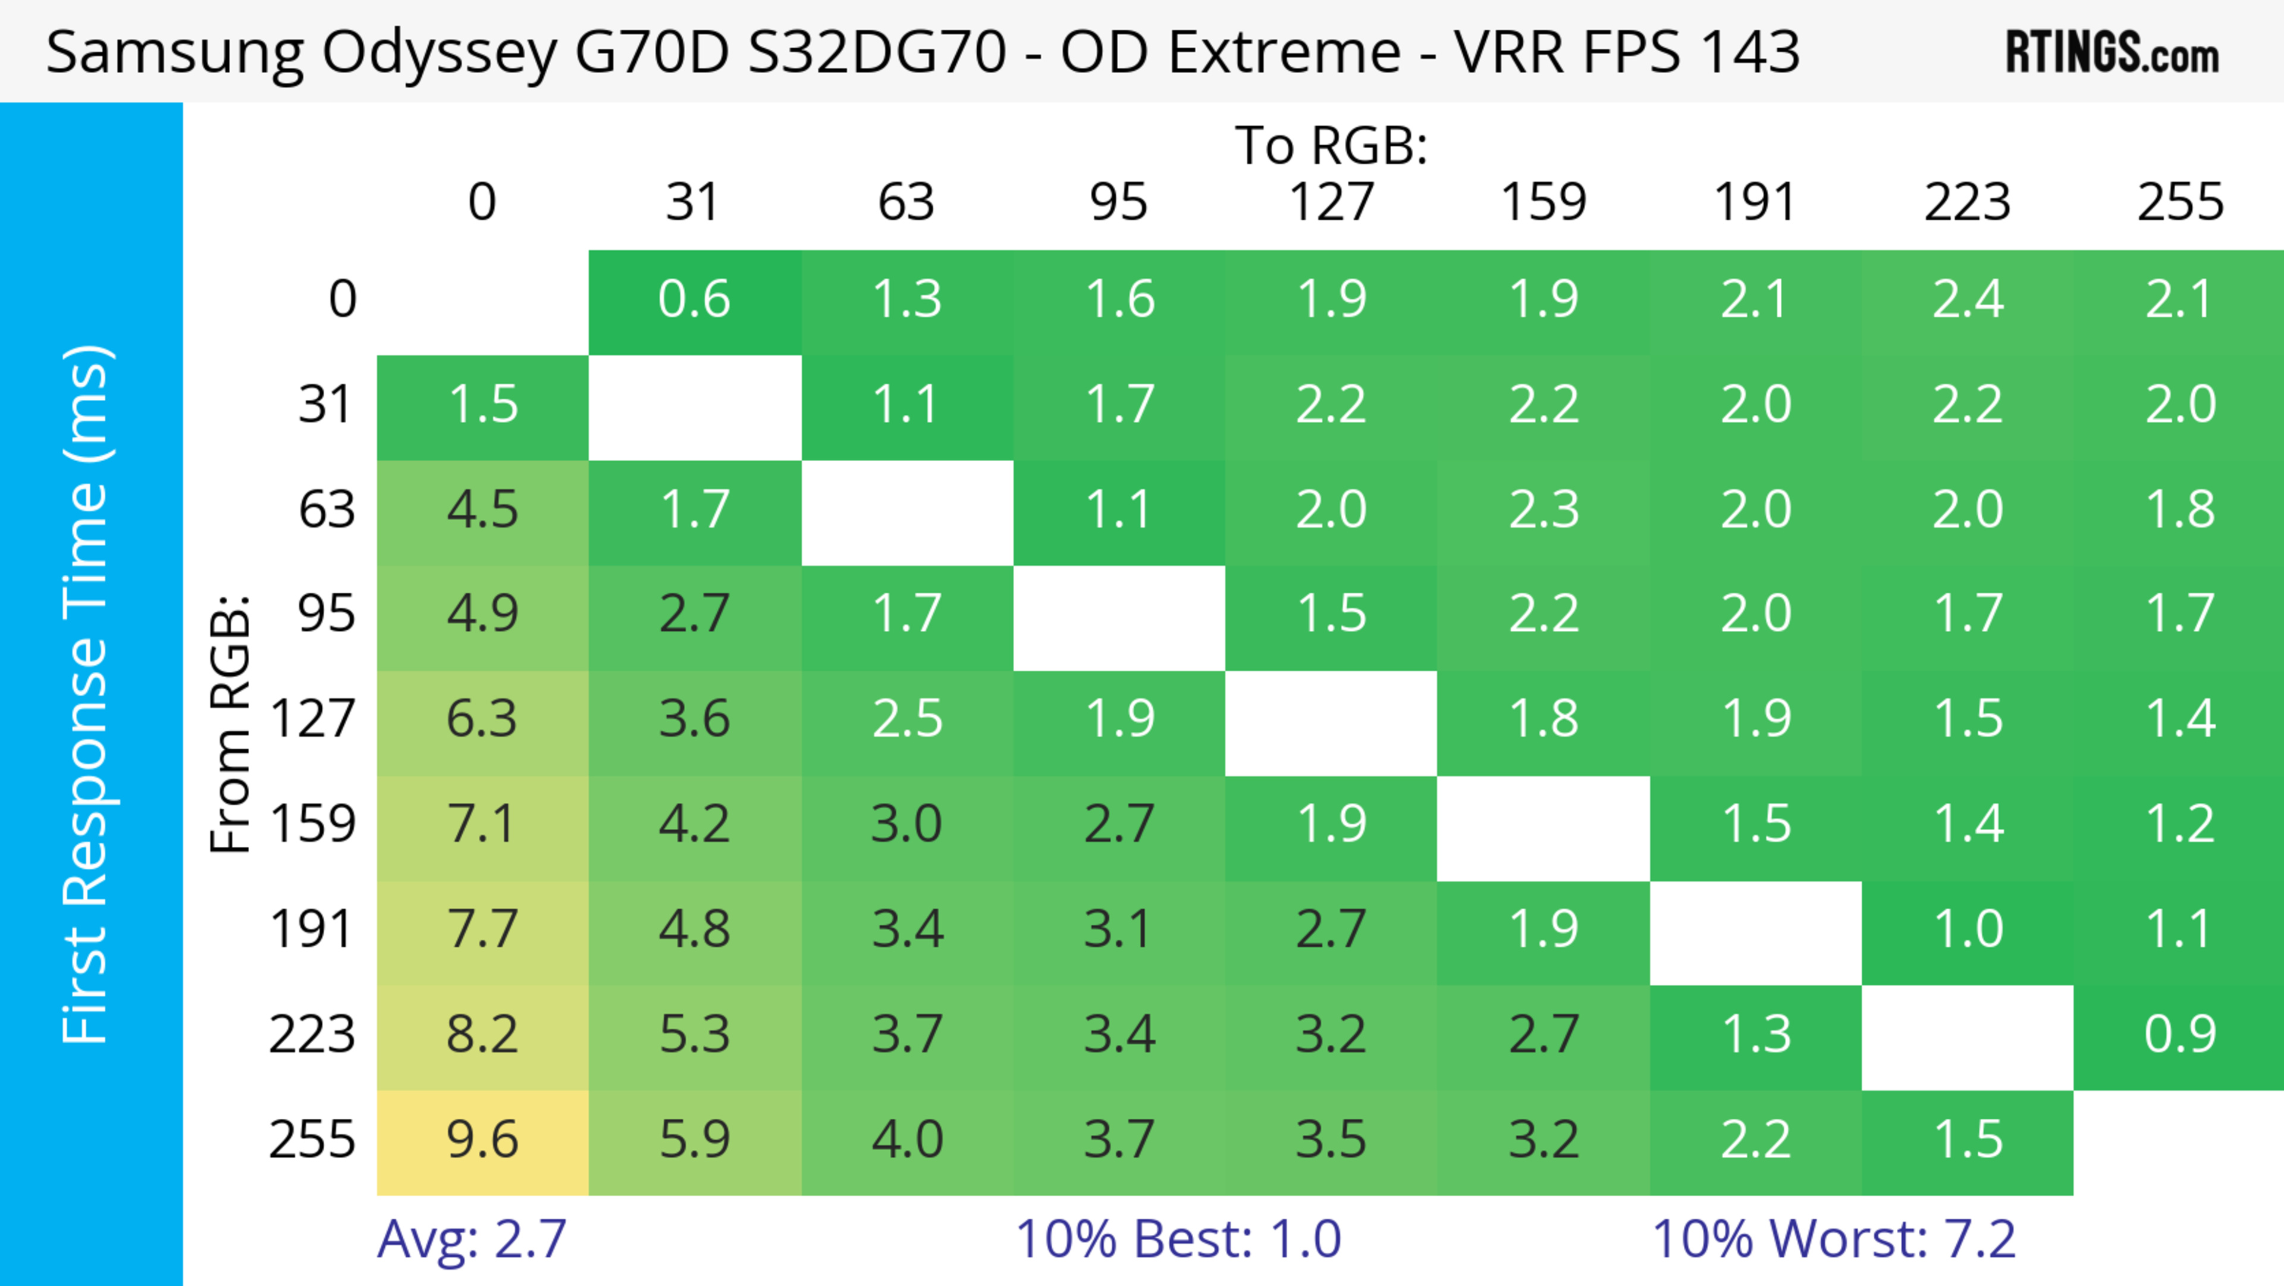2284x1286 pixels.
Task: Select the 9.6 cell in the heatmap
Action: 482,1141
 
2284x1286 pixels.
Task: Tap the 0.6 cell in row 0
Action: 694,300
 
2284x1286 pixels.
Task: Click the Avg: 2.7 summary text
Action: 472,1239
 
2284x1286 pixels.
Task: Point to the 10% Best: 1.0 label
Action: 1178,1239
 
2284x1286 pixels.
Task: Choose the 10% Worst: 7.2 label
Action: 1834,1239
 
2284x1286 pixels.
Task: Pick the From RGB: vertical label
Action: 231,723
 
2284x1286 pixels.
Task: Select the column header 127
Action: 1331,202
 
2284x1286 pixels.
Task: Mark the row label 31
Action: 327,405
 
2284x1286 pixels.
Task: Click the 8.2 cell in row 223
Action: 482,1035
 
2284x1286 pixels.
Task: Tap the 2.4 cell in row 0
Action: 1968,300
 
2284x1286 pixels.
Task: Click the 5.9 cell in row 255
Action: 694,1141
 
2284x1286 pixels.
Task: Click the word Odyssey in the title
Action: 439,53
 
